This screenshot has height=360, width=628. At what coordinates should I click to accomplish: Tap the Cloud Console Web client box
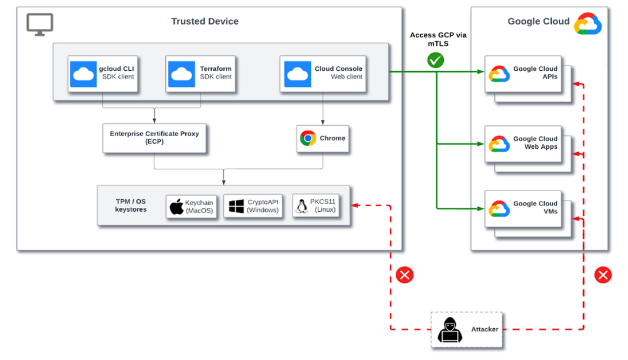pyautogui.click(x=323, y=73)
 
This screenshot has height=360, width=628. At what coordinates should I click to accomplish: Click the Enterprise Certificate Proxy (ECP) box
pyautogui.click(x=154, y=138)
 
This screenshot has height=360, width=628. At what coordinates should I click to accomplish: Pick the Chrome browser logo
pyautogui.click(x=308, y=139)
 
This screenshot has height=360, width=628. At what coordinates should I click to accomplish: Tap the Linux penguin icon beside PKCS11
pyautogui.click(x=302, y=206)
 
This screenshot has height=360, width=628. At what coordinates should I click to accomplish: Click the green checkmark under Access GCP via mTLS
pyautogui.click(x=435, y=60)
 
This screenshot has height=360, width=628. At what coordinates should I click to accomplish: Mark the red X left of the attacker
pyautogui.click(x=404, y=275)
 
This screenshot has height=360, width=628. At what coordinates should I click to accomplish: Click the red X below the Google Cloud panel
pyautogui.click(x=603, y=275)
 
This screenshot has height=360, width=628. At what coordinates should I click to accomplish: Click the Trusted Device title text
pyautogui.click(x=205, y=22)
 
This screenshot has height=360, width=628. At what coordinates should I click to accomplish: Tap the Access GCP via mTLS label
pyautogui.click(x=438, y=40)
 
